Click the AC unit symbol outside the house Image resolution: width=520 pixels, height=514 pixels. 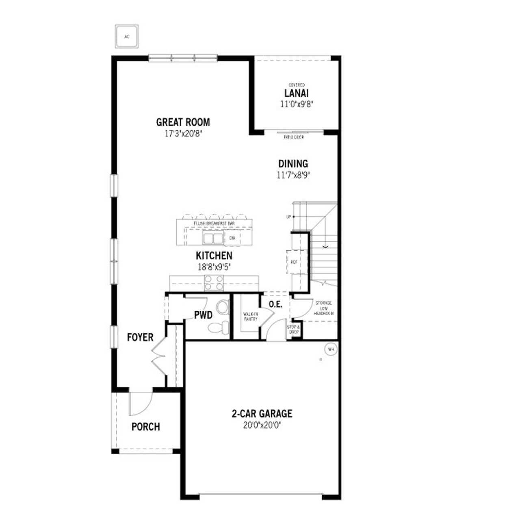(x=127, y=37)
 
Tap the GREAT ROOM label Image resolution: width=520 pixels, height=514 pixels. (x=183, y=122)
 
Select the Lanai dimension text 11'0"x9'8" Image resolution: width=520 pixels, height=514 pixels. (x=297, y=104)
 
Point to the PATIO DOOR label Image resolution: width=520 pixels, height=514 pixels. (x=294, y=137)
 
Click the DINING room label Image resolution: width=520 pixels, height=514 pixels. (x=293, y=164)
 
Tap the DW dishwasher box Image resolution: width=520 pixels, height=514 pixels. (x=232, y=238)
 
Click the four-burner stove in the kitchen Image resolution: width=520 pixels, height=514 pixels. (x=214, y=283)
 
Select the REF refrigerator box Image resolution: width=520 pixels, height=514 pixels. (x=294, y=262)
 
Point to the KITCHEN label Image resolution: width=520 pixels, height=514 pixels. (x=214, y=256)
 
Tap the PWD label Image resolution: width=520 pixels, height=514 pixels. (x=203, y=315)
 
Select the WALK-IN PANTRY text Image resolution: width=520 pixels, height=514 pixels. (x=251, y=317)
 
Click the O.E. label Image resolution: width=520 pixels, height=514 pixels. (x=275, y=304)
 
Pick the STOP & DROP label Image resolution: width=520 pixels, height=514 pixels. (x=293, y=330)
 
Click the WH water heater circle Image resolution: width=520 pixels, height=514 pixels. (x=331, y=349)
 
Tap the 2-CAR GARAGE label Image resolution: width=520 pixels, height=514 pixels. (x=262, y=414)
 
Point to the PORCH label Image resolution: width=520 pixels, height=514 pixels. (x=145, y=427)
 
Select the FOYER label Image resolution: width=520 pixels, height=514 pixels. (x=140, y=337)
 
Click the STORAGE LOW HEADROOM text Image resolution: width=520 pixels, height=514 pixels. (x=323, y=308)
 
